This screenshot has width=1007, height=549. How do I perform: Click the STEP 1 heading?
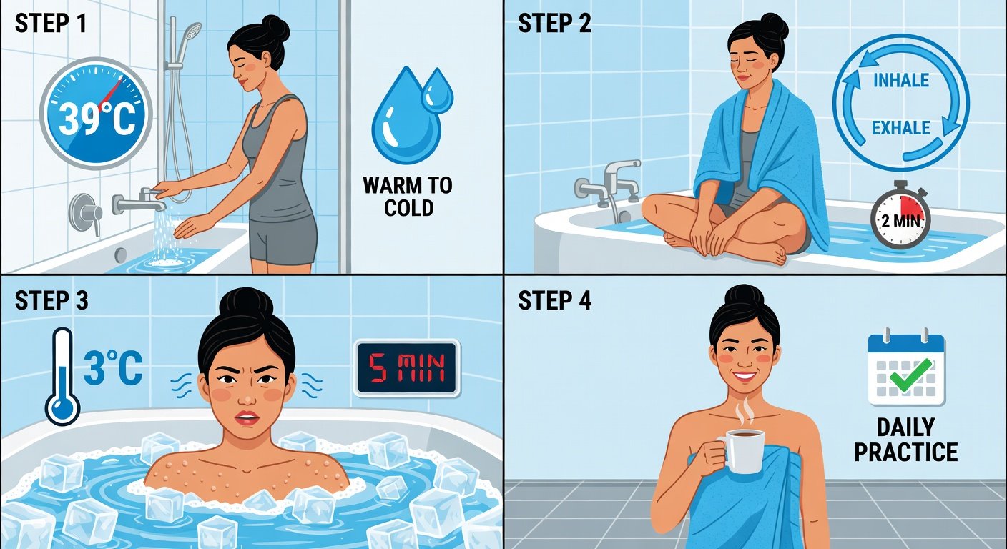click(x=50, y=24)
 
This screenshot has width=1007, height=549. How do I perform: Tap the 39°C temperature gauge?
click(x=96, y=113)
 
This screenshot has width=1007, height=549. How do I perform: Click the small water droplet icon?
click(x=437, y=90)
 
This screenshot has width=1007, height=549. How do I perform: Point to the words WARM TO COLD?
click(x=408, y=197)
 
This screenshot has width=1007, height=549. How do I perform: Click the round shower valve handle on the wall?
click(x=85, y=213)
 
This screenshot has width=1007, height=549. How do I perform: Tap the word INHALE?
click(x=901, y=80)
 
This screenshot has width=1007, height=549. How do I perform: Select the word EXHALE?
click(x=901, y=128)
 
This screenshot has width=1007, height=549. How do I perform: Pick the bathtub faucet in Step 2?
click(x=608, y=184)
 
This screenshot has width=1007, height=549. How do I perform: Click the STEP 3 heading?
click(x=51, y=300)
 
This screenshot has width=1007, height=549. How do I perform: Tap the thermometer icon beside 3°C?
click(x=62, y=377)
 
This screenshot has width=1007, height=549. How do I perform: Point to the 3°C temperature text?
click(x=113, y=368)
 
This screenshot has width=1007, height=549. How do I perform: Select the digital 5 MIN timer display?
click(x=407, y=368)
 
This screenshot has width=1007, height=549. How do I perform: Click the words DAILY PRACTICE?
click(x=906, y=440)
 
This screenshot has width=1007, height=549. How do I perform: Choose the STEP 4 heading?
click(x=555, y=300)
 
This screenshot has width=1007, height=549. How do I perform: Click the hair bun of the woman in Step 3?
click(x=246, y=303)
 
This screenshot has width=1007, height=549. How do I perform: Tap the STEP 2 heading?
click(x=555, y=24)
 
